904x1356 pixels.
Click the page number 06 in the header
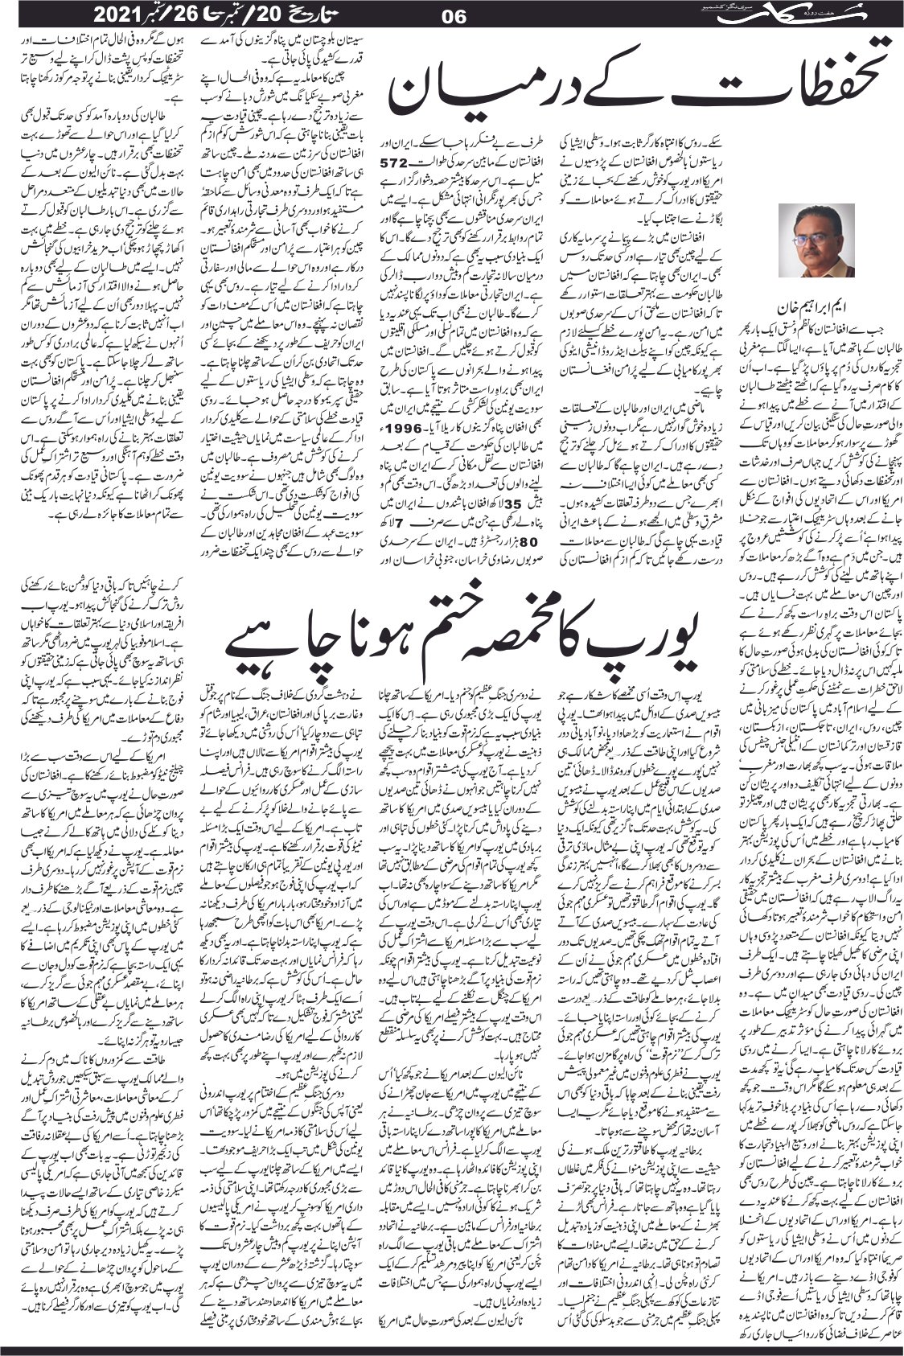pos(454,15)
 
